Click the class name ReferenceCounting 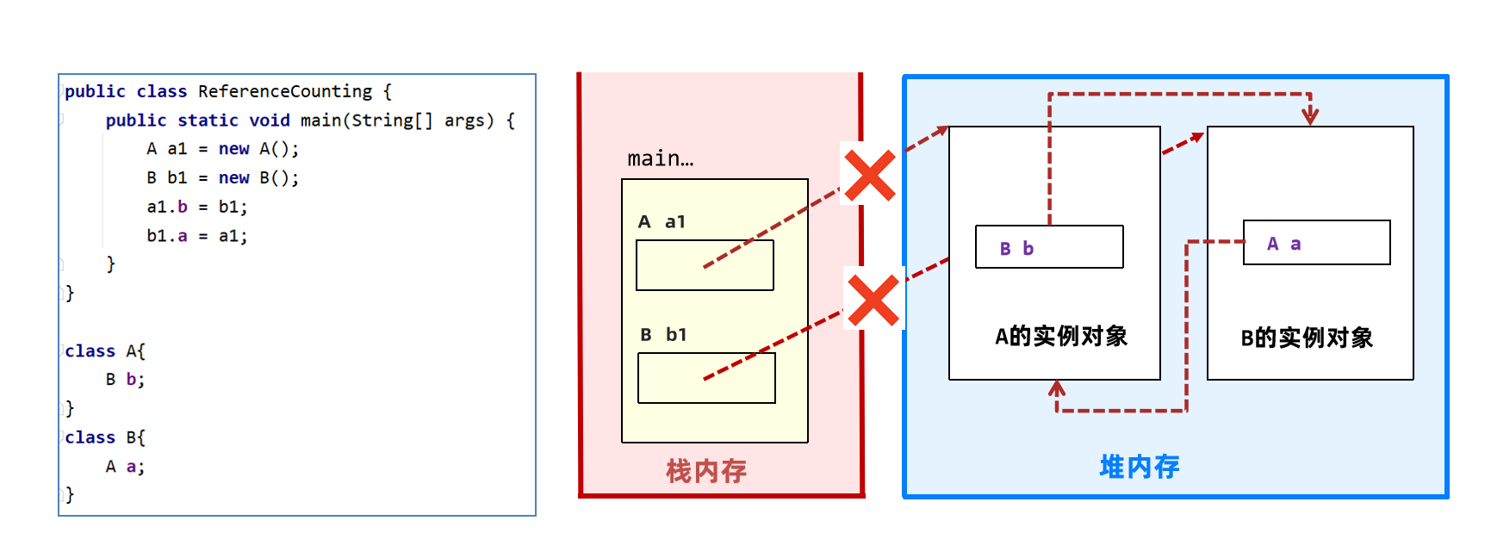(x=285, y=91)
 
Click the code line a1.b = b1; (x=196, y=207)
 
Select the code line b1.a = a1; (x=196, y=236)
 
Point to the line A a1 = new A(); (x=222, y=149)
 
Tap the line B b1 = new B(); (x=222, y=178)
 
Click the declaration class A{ (x=105, y=351)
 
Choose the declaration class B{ (x=105, y=437)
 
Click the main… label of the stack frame (x=660, y=159)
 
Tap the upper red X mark (x=869, y=175)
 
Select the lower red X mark (x=873, y=300)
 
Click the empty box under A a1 (x=705, y=265)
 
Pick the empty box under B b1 (x=706, y=378)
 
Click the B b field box (x=1049, y=247)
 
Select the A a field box (x=1316, y=243)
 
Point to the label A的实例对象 (x=1061, y=336)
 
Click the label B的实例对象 (x=1307, y=338)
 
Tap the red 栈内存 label (x=705, y=471)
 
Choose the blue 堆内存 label (x=1140, y=467)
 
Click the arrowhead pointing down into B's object (x=1310, y=115)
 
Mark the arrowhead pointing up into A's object (x=1057, y=388)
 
